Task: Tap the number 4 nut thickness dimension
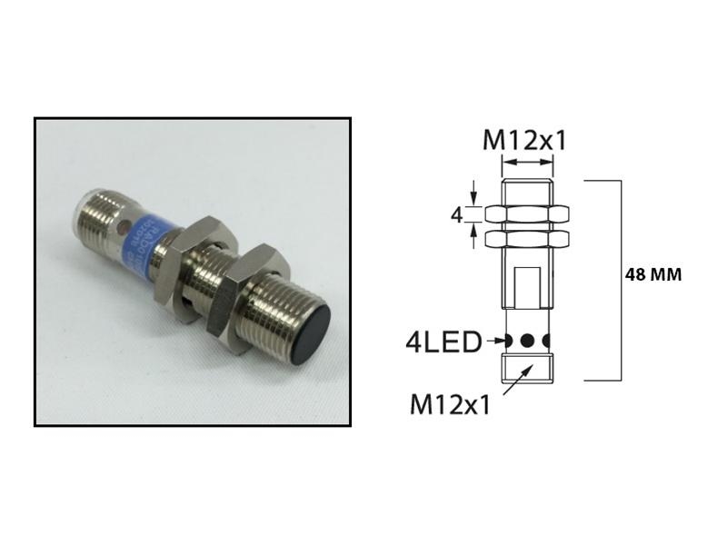click(x=458, y=215)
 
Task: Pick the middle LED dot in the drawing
click(x=527, y=342)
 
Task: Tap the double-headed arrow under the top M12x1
click(x=527, y=163)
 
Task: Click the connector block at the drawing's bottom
click(x=528, y=368)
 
